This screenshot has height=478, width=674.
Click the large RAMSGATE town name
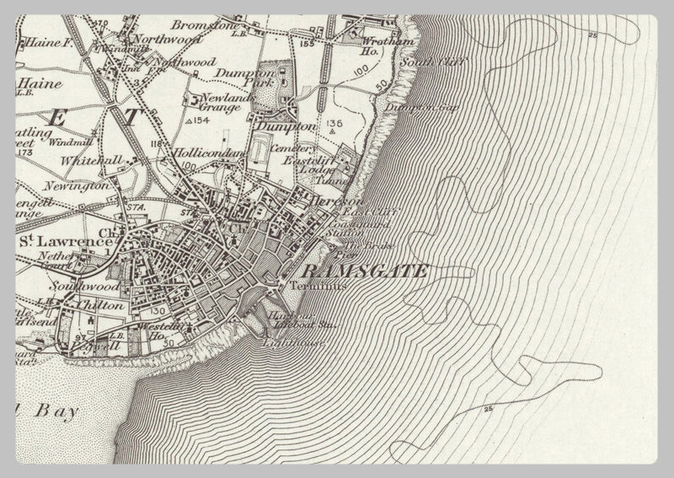364,271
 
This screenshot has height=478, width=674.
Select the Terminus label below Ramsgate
306,286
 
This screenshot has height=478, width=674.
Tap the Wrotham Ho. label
375,45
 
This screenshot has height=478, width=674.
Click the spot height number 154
200,121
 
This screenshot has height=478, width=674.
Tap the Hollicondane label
208,153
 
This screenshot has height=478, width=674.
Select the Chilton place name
99,305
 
